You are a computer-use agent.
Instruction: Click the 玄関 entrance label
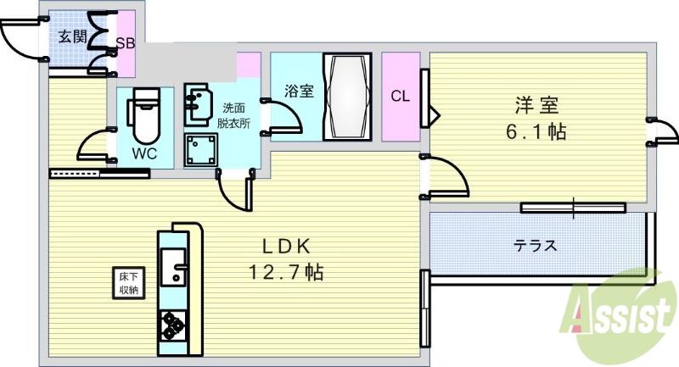tap(72, 36)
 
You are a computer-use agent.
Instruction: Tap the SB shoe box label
tap(125, 43)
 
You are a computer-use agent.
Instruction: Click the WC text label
tap(143, 155)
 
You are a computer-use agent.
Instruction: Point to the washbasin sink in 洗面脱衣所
tap(200, 102)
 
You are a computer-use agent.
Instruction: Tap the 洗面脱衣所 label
tap(234, 115)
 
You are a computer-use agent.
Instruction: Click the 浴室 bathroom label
tap(297, 90)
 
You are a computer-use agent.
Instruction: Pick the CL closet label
tap(400, 97)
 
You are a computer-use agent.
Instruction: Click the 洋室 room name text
tap(536, 106)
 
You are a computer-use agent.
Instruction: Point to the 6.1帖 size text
tap(537, 132)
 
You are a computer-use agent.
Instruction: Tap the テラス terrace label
tap(535, 247)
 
